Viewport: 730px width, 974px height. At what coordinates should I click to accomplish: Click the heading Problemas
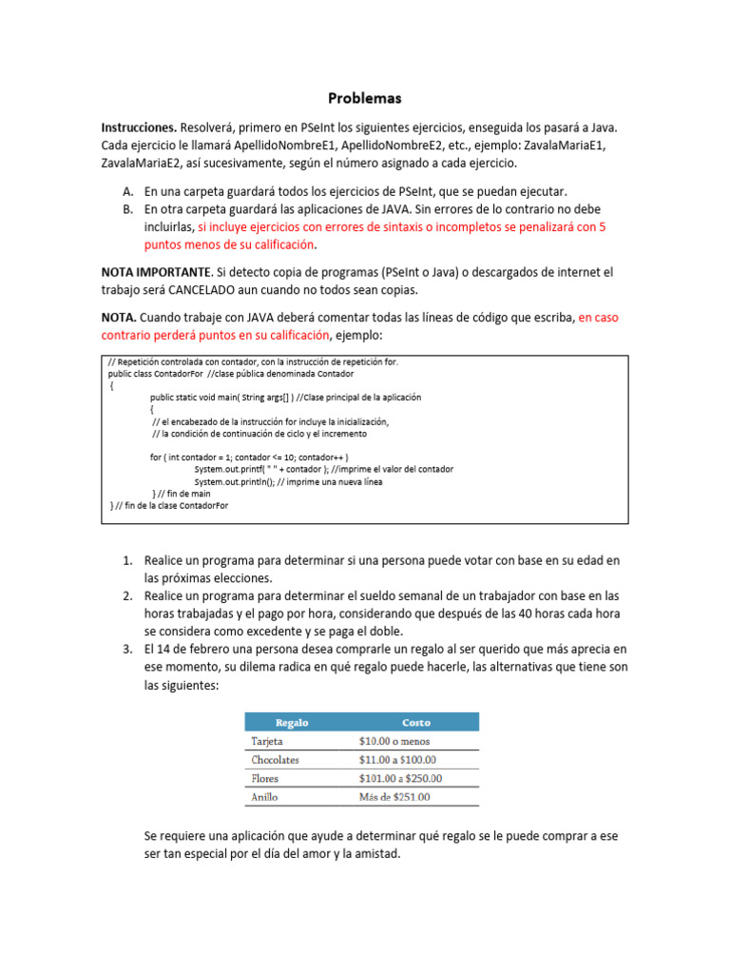pyautogui.click(x=365, y=98)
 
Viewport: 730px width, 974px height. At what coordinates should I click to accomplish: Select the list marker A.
pyautogui.click(x=126, y=191)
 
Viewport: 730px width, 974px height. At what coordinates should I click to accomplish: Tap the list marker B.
pyautogui.click(x=126, y=208)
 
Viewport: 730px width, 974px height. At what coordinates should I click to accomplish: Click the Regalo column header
pyautogui.click(x=291, y=723)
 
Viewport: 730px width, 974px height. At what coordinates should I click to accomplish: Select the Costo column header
pyautogui.click(x=416, y=723)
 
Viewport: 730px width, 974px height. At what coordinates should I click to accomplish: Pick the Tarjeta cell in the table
pyautogui.click(x=267, y=741)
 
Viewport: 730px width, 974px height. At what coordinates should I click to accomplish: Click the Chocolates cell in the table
pyautogui.click(x=275, y=760)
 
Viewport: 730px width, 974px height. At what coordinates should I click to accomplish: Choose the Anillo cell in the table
pyautogui.click(x=264, y=797)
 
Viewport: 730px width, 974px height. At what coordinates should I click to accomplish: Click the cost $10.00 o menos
pyautogui.click(x=394, y=741)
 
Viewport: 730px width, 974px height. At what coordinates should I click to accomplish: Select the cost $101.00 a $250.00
pyautogui.click(x=400, y=778)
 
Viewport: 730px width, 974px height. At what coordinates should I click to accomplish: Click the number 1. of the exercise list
pyautogui.click(x=126, y=560)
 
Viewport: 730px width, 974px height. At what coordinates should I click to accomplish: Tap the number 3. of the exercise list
pyautogui.click(x=126, y=649)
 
